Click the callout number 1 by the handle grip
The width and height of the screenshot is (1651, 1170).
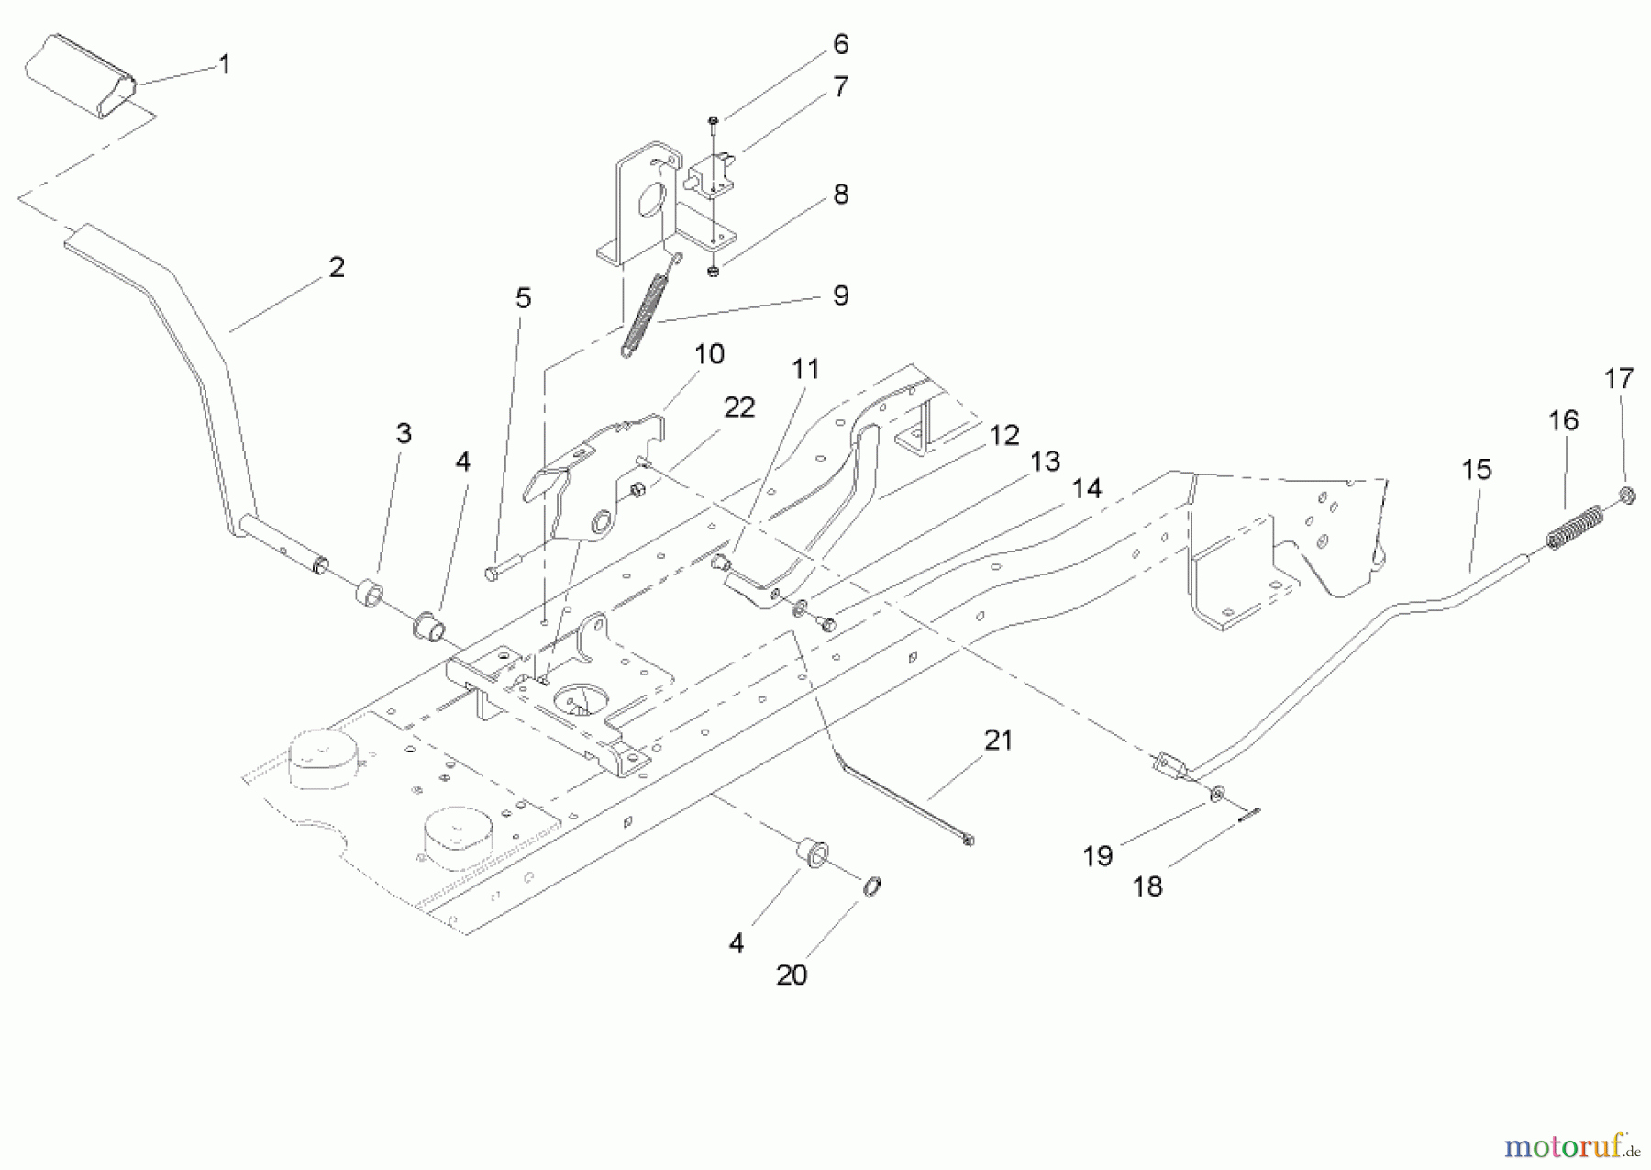[x=224, y=64]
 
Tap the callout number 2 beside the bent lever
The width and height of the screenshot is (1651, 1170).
[x=336, y=267]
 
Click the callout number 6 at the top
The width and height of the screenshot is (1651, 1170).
[x=840, y=44]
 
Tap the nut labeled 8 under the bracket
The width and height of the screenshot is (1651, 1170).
[x=713, y=271]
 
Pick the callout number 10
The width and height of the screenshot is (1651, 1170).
[x=709, y=353]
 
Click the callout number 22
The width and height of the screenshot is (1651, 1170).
[x=738, y=407]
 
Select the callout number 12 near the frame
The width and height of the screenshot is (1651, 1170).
[x=1004, y=435]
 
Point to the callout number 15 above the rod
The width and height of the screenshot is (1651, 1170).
[x=1476, y=469]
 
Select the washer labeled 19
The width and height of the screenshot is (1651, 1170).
[x=1214, y=791]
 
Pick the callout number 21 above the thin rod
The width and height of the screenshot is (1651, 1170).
[x=998, y=740]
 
